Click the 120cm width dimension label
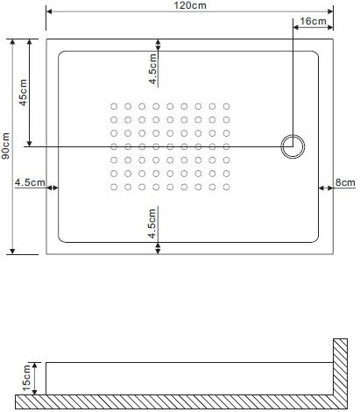click(x=190, y=5)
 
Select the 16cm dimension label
click(x=313, y=21)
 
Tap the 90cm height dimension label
click(x=5, y=146)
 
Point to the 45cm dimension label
click(x=23, y=92)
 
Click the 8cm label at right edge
click(x=345, y=182)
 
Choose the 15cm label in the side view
click(x=26, y=378)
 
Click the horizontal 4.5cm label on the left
click(x=30, y=182)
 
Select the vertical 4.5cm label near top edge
click(x=152, y=69)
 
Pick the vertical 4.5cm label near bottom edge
click(x=152, y=224)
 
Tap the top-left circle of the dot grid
click(x=114, y=106)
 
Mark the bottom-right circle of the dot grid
click(x=226, y=187)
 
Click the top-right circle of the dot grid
click(x=226, y=106)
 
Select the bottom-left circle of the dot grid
click(x=114, y=187)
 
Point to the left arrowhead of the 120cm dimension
click(x=49, y=11)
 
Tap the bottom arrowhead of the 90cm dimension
click(x=12, y=252)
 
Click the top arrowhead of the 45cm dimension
click(x=29, y=42)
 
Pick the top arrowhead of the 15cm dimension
click(x=35, y=365)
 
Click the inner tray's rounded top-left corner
click(x=60, y=53)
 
